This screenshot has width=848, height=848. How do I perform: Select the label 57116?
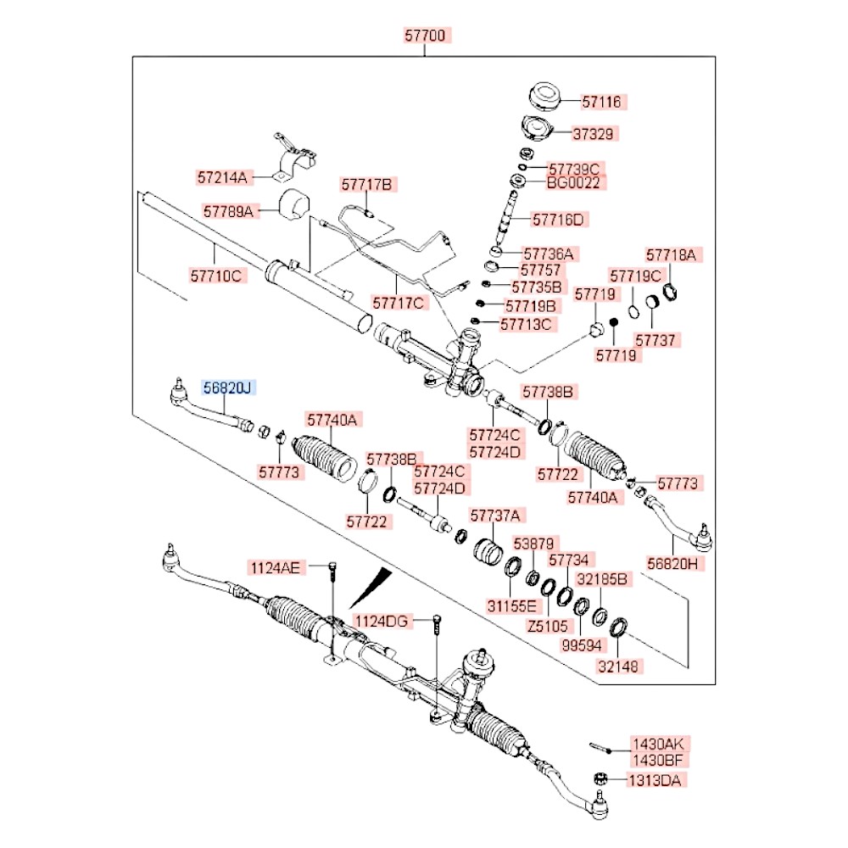(x=601, y=102)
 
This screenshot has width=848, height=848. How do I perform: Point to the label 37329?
(x=601, y=133)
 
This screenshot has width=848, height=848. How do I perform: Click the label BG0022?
(x=577, y=181)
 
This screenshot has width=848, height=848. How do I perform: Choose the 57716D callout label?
(x=558, y=220)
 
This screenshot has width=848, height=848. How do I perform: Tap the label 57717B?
(x=369, y=183)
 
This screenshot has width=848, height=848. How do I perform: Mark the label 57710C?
(x=216, y=276)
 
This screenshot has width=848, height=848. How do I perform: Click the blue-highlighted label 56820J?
(x=227, y=388)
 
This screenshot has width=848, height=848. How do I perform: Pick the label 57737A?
(x=498, y=515)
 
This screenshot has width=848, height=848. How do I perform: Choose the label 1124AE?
(x=274, y=567)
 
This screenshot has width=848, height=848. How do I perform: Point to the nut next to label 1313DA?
(x=597, y=779)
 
